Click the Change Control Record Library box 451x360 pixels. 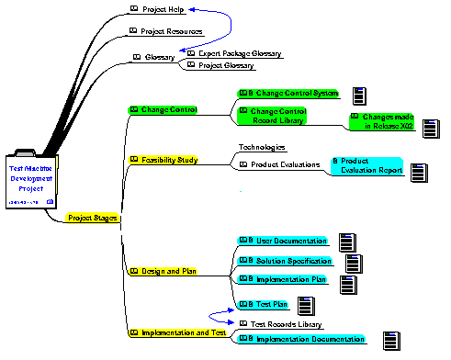coord(276,115)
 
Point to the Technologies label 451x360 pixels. coord(262,147)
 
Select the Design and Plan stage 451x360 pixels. coord(167,272)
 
